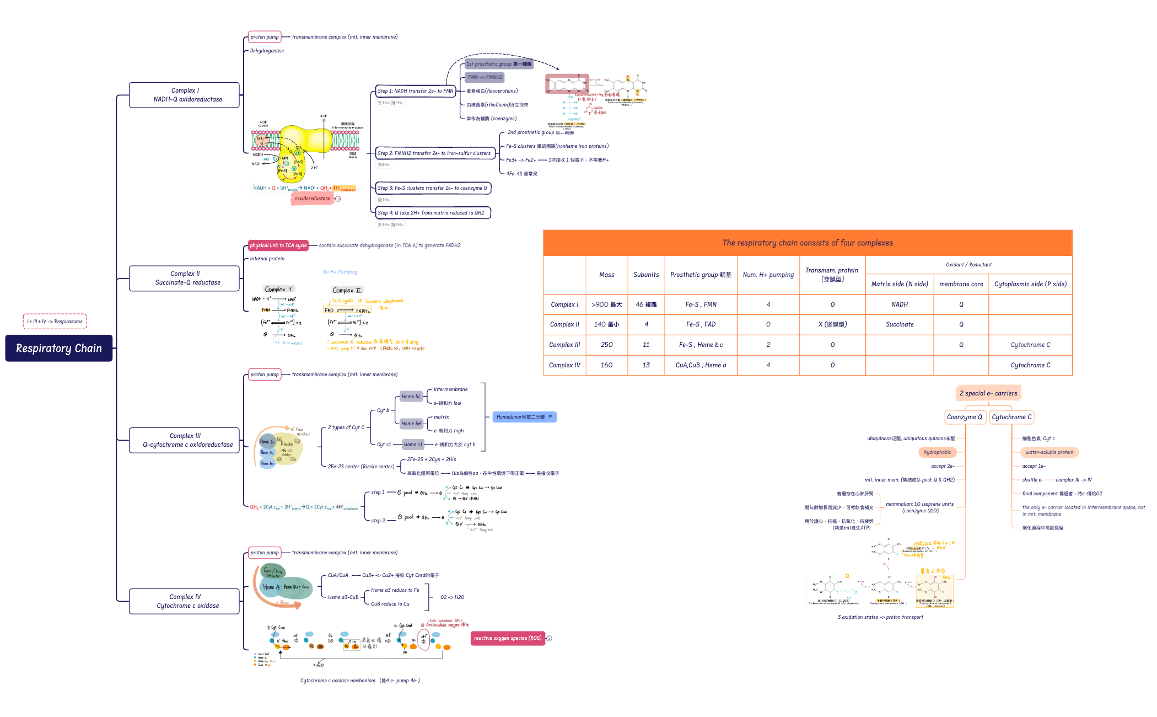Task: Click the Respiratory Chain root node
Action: [59, 348]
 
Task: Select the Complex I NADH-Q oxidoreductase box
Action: [184, 95]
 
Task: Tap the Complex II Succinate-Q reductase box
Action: [184, 278]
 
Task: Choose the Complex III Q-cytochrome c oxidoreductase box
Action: [184, 440]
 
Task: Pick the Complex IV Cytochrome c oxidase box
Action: [184, 601]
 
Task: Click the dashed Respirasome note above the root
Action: [55, 322]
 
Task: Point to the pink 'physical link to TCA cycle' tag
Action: [278, 245]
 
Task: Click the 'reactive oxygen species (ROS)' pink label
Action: [508, 638]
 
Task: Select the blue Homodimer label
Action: [524, 417]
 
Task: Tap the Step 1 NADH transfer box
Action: [416, 91]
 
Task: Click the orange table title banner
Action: [808, 243]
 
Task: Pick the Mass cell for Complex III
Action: [606, 345]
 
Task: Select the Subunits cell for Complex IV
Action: [646, 365]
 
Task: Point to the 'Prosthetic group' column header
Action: [701, 275]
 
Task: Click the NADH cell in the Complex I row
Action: [900, 304]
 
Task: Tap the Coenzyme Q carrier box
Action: [964, 417]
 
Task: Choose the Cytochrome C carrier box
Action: [1011, 417]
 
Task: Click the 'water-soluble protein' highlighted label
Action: [1049, 452]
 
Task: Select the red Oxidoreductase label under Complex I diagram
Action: [313, 199]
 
